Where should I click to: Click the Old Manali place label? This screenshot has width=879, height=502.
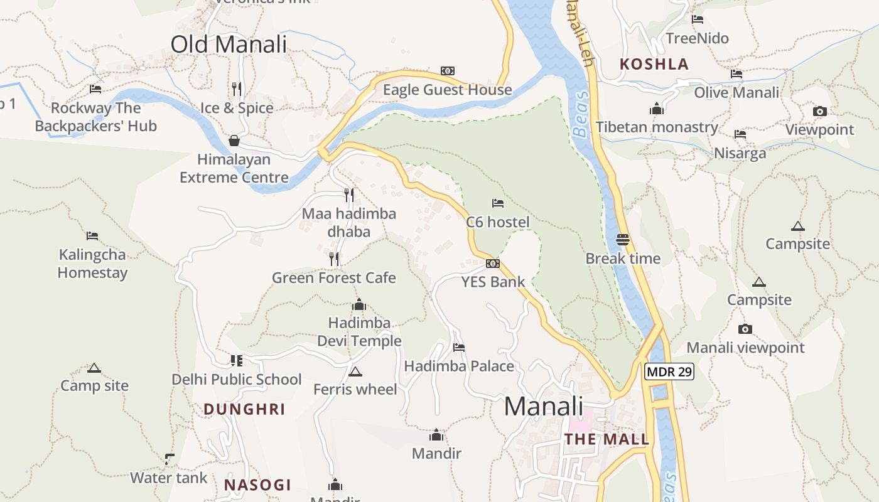229,45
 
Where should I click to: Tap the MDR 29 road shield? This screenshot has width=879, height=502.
669,371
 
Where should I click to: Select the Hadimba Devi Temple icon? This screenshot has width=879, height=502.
359,305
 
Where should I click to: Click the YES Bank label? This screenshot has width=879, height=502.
493,282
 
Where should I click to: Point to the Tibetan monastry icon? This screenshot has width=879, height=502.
657,109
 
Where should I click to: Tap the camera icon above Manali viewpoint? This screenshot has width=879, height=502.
745,329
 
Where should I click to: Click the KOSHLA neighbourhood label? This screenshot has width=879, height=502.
654,64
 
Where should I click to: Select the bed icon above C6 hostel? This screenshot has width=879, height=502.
498,203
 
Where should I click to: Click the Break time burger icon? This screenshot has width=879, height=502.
622,240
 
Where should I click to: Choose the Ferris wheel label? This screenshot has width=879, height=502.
355,390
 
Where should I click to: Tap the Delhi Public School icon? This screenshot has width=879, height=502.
237,361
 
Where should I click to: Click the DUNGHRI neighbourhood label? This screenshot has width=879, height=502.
244,410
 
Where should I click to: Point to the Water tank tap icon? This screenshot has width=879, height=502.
169,459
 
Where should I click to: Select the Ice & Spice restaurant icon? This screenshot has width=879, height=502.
237,89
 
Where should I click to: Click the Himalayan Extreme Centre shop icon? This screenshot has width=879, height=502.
234,141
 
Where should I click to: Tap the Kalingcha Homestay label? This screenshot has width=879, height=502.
92,264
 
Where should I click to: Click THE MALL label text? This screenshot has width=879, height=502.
607,439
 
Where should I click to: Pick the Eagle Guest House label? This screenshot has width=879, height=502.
448,90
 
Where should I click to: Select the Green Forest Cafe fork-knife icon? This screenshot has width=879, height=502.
334,259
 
